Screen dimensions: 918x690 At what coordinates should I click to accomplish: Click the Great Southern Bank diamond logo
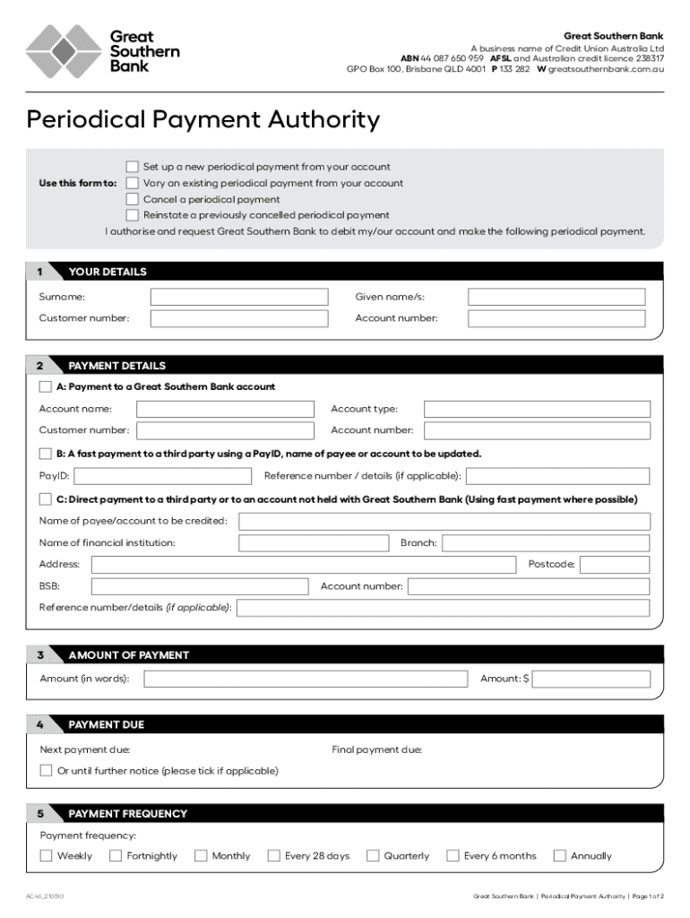63,53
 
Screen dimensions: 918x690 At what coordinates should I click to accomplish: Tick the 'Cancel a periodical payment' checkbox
133,199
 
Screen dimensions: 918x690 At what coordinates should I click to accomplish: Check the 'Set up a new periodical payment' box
133,167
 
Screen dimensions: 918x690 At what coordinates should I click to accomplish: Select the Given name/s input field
556,297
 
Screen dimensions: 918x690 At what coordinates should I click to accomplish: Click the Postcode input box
615,565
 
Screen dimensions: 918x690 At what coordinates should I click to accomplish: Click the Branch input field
546,543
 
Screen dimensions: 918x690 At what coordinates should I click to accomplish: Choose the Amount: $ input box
591,679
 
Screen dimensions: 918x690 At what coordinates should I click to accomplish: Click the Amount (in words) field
305,679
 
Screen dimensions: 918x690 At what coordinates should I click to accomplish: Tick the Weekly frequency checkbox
46,855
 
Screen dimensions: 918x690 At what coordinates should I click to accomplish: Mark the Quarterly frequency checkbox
373,855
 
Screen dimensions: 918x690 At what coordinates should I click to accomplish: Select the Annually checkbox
560,855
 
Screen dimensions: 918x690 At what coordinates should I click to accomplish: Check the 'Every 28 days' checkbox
274,855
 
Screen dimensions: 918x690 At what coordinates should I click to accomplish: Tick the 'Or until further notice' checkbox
46,771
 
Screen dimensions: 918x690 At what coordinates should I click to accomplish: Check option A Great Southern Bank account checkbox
46,387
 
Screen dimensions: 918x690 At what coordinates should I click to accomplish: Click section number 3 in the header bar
40,655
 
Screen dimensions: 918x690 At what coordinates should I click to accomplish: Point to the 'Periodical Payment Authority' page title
203,119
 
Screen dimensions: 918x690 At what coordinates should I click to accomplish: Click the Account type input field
537,409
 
